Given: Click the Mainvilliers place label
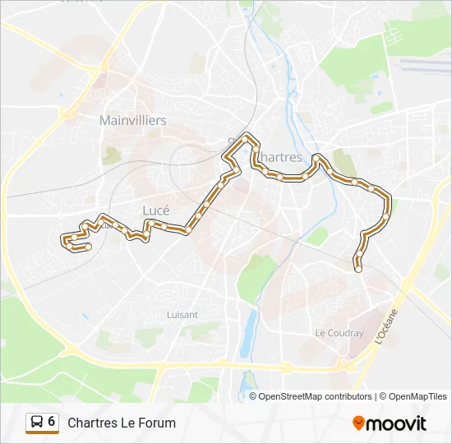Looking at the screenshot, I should [x=132, y=120].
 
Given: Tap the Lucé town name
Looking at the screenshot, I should [x=156, y=210].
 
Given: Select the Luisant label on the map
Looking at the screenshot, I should [x=182, y=314].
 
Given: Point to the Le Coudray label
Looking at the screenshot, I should [x=339, y=333].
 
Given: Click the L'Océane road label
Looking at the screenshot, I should [x=385, y=326].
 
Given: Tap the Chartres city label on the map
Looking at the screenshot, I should [x=280, y=157].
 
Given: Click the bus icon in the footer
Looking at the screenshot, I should [x=36, y=423].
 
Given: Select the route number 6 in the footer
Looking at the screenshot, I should [x=52, y=422].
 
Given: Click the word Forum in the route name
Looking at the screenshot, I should [x=158, y=423].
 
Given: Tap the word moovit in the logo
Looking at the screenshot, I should [x=397, y=423].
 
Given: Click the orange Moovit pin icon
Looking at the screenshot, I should [x=358, y=423].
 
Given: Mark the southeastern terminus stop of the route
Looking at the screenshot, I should [x=357, y=268].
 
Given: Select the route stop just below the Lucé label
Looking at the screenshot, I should [x=164, y=225].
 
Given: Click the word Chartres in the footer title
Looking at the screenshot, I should [x=92, y=423].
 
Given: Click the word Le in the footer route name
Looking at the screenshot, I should [x=128, y=423].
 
